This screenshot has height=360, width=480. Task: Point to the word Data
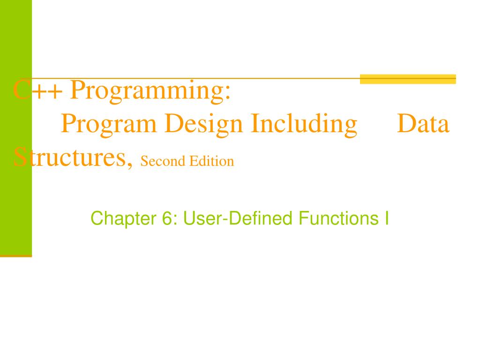(423, 124)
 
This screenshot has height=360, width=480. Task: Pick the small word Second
(161, 162)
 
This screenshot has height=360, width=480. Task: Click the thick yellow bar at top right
(408, 79)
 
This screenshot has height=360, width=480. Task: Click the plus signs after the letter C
(45, 91)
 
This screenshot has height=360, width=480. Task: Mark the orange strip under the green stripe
(16, 256)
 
